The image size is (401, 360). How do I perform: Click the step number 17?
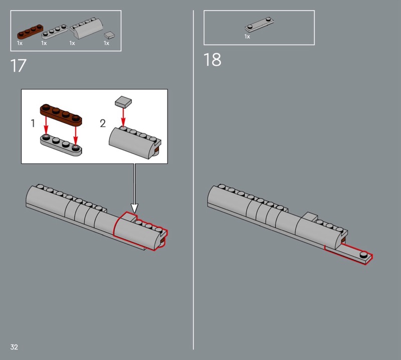(x=18, y=66)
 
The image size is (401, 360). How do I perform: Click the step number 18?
(x=212, y=60)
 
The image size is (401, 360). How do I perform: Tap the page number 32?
(x=14, y=347)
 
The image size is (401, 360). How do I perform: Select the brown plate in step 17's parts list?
(x=30, y=32)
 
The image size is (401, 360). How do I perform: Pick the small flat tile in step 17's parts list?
(x=109, y=35)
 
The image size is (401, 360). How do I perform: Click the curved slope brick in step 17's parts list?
(x=86, y=29)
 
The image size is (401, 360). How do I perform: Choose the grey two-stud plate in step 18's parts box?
(x=259, y=25)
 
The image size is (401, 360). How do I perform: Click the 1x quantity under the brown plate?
(x=20, y=43)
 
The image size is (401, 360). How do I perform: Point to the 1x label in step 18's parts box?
(x=247, y=37)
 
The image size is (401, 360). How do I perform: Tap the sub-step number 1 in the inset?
(x=33, y=123)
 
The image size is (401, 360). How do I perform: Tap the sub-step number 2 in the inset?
(x=103, y=123)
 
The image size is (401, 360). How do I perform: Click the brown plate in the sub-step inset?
(x=61, y=115)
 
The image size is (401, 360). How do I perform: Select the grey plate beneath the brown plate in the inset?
(x=61, y=145)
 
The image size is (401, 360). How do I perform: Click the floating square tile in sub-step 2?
(x=123, y=101)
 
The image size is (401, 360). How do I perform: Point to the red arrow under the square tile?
(x=123, y=117)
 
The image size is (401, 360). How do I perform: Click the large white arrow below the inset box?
(x=134, y=188)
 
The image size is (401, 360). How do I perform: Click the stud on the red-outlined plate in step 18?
(x=363, y=254)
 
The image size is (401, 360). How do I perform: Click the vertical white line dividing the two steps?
(x=193, y=180)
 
